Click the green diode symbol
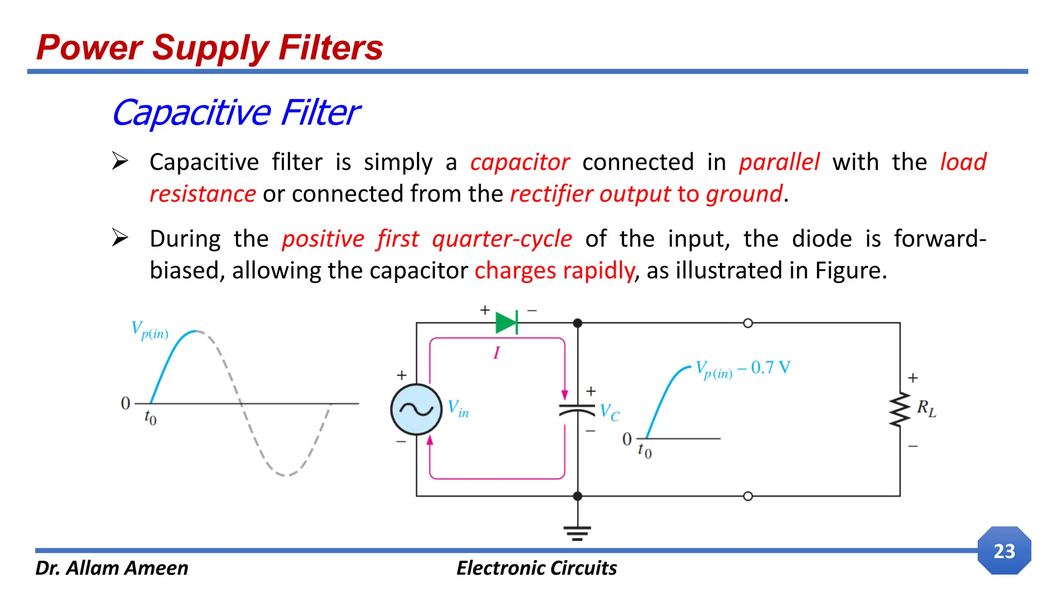pos(506,323)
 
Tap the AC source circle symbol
pos(416,410)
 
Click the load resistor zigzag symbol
pos(900,410)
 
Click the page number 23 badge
pos(1004,551)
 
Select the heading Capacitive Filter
pos(236,113)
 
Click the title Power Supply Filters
pos(210,48)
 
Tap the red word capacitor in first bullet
pos(520,162)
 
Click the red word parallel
pos(779,162)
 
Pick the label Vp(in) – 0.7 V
pos(742,369)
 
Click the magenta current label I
pos(497,353)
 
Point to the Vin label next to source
pos(458,408)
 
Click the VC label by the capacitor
pos(609,413)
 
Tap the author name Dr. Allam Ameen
pos(111,568)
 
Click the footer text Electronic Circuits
pos(536,568)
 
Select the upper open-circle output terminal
pos(747,323)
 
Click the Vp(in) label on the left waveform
pos(150,330)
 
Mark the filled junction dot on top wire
pos(578,323)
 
